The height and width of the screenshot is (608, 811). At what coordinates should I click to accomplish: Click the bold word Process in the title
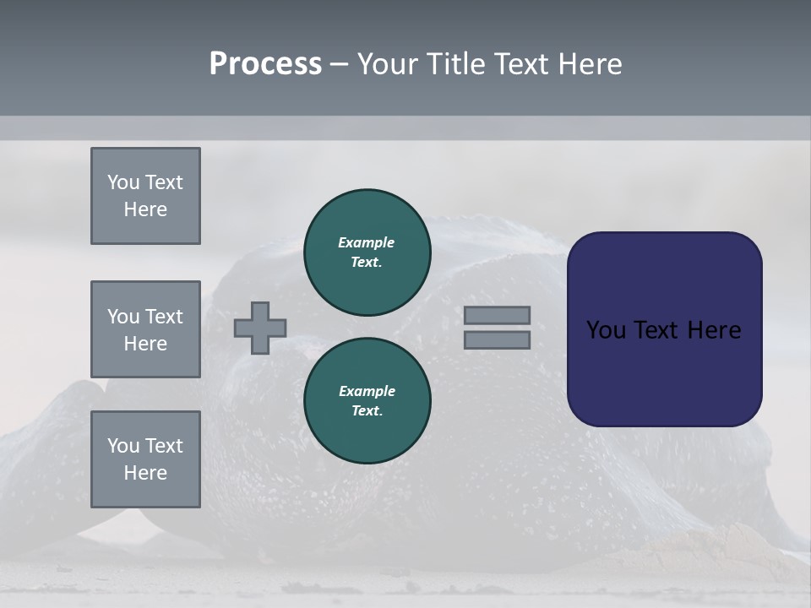265,64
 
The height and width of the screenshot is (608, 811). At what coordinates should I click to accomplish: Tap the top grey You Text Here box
145,196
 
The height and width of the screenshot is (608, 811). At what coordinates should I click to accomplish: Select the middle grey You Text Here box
145,329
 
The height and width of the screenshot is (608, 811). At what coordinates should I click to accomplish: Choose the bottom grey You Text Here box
145,459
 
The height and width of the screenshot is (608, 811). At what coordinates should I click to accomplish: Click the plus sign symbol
260,328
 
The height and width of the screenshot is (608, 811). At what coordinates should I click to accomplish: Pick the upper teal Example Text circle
367,252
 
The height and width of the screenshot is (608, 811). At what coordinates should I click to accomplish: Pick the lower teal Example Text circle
367,400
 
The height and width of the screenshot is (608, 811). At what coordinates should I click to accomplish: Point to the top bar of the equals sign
497,315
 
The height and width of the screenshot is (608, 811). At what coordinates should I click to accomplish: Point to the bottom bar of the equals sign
497,339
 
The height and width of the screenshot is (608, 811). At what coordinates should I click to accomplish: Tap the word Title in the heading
456,64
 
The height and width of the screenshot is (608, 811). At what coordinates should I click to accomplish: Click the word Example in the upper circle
367,242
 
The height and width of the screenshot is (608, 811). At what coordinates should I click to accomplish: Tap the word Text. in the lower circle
367,410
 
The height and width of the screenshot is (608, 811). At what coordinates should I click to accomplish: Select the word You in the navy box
606,330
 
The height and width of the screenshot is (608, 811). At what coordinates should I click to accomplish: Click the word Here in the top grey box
145,209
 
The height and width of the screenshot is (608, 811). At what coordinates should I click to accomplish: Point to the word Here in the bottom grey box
145,473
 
